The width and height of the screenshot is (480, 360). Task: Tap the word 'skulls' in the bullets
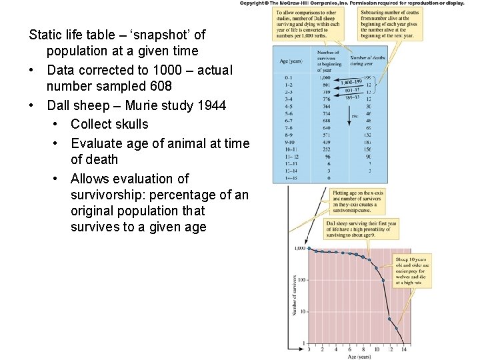129,124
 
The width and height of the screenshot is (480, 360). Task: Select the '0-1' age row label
287,77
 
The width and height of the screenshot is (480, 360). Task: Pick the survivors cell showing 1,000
326,77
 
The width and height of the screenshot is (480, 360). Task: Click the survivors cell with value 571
326,134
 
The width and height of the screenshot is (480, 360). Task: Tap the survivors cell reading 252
326,150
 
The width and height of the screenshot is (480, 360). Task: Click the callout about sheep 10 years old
413,269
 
